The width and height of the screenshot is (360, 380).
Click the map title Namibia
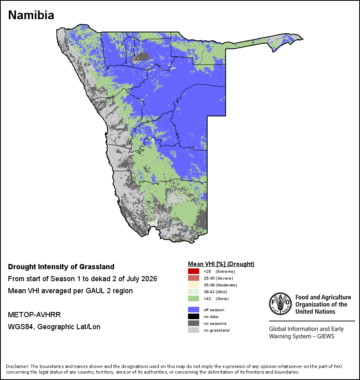pos(31,15)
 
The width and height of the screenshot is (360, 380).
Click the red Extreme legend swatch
pos(194,271)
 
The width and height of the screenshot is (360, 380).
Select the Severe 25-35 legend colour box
pos(194,278)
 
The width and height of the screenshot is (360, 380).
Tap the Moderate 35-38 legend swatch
pos(194,285)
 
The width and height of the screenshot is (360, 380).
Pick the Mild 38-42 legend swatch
pos(194,292)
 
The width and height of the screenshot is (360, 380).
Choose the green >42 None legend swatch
pos(194,298)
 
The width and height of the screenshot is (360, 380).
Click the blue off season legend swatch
pos(194,310)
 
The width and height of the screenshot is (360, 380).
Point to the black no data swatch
pos(194,316)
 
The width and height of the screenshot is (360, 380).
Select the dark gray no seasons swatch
pos(194,323)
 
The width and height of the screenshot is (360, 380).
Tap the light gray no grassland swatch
pos(194,330)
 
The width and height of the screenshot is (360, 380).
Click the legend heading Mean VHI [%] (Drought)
pos(221,264)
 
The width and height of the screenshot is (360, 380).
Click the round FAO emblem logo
pos(280,304)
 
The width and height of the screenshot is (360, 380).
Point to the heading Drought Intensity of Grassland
pos(61,266)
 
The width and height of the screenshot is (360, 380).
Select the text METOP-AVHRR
pos(34,314)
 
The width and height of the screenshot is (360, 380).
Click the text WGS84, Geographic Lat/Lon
pos(54,327)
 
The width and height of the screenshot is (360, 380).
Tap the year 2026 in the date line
pos(149,279)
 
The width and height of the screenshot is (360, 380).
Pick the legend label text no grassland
pos(216,330)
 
